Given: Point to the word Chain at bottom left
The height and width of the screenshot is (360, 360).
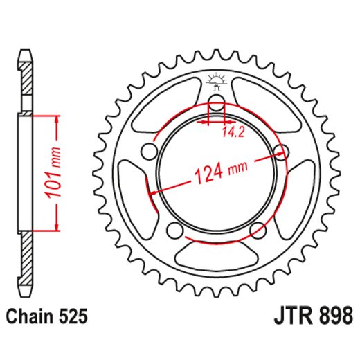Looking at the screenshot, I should (29, 317).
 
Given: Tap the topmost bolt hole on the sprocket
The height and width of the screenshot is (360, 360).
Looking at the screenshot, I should (216, 105).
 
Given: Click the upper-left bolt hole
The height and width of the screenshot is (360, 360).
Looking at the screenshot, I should (148, 151).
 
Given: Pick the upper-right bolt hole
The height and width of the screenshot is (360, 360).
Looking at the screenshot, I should (280, 150).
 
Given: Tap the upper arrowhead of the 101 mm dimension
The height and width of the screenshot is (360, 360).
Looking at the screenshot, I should (55, 118).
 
